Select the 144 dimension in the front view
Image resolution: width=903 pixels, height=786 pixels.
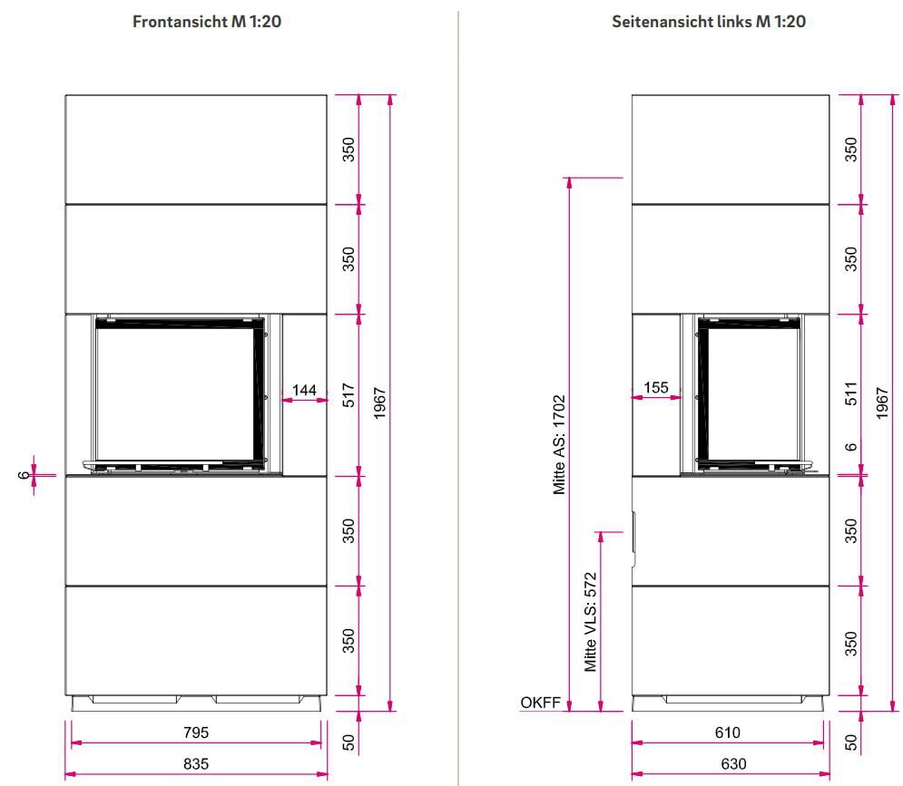304,390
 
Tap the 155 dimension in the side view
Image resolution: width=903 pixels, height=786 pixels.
655,387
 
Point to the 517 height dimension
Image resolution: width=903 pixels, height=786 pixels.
348,395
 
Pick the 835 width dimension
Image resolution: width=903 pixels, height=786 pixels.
196,764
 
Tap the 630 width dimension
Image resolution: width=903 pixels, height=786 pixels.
728,764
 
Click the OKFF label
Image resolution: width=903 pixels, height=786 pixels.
537,703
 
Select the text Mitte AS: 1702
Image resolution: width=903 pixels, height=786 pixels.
559,444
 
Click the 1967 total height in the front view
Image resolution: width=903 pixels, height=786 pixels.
380,403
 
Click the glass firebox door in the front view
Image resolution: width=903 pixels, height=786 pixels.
175,392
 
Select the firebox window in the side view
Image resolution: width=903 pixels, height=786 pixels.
749,392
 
